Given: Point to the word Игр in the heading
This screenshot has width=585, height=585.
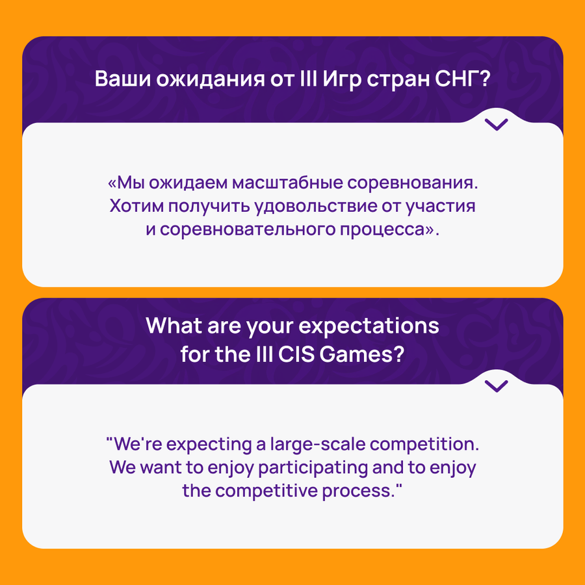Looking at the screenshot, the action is tap(342, 79).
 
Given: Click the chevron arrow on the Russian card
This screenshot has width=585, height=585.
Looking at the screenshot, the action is tap(496, 125).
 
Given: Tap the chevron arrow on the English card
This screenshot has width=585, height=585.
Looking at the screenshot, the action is tap(496, 386).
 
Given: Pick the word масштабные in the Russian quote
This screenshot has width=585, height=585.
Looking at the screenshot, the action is tap(287, 183).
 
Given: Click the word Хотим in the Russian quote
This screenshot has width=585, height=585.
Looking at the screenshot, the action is tap(136, 205).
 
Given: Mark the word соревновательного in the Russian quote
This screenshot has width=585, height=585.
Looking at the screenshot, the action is tap(248, 229).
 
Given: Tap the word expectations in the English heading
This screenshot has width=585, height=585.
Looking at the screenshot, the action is tap(369, 326).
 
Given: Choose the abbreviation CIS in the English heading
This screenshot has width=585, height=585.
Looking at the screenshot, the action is tap(296, 354).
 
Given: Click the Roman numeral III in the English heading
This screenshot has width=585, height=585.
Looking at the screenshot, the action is tap(265, 354).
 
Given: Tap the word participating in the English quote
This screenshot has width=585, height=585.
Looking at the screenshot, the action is tap(313, 468).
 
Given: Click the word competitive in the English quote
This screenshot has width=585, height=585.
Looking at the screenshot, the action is tap(266, 491).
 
